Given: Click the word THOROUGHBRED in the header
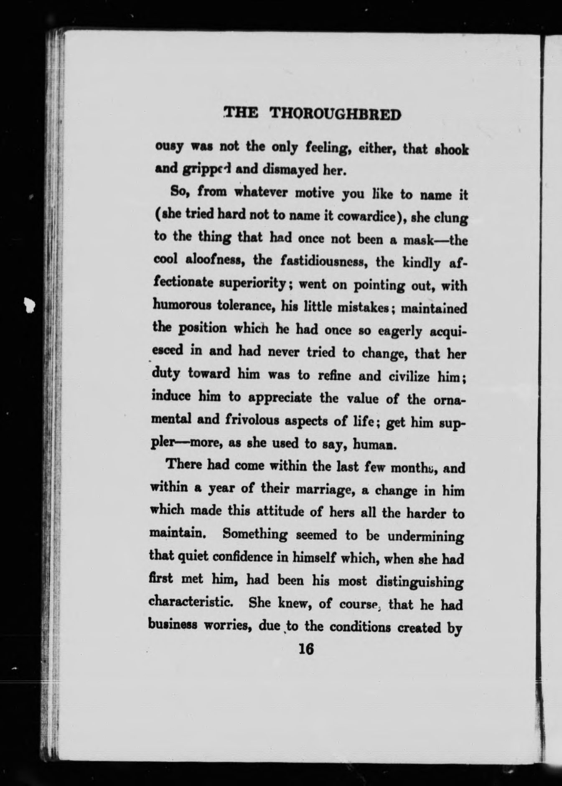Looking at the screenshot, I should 336,114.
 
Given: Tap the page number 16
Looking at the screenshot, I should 306,649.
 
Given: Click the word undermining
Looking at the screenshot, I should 425,537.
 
